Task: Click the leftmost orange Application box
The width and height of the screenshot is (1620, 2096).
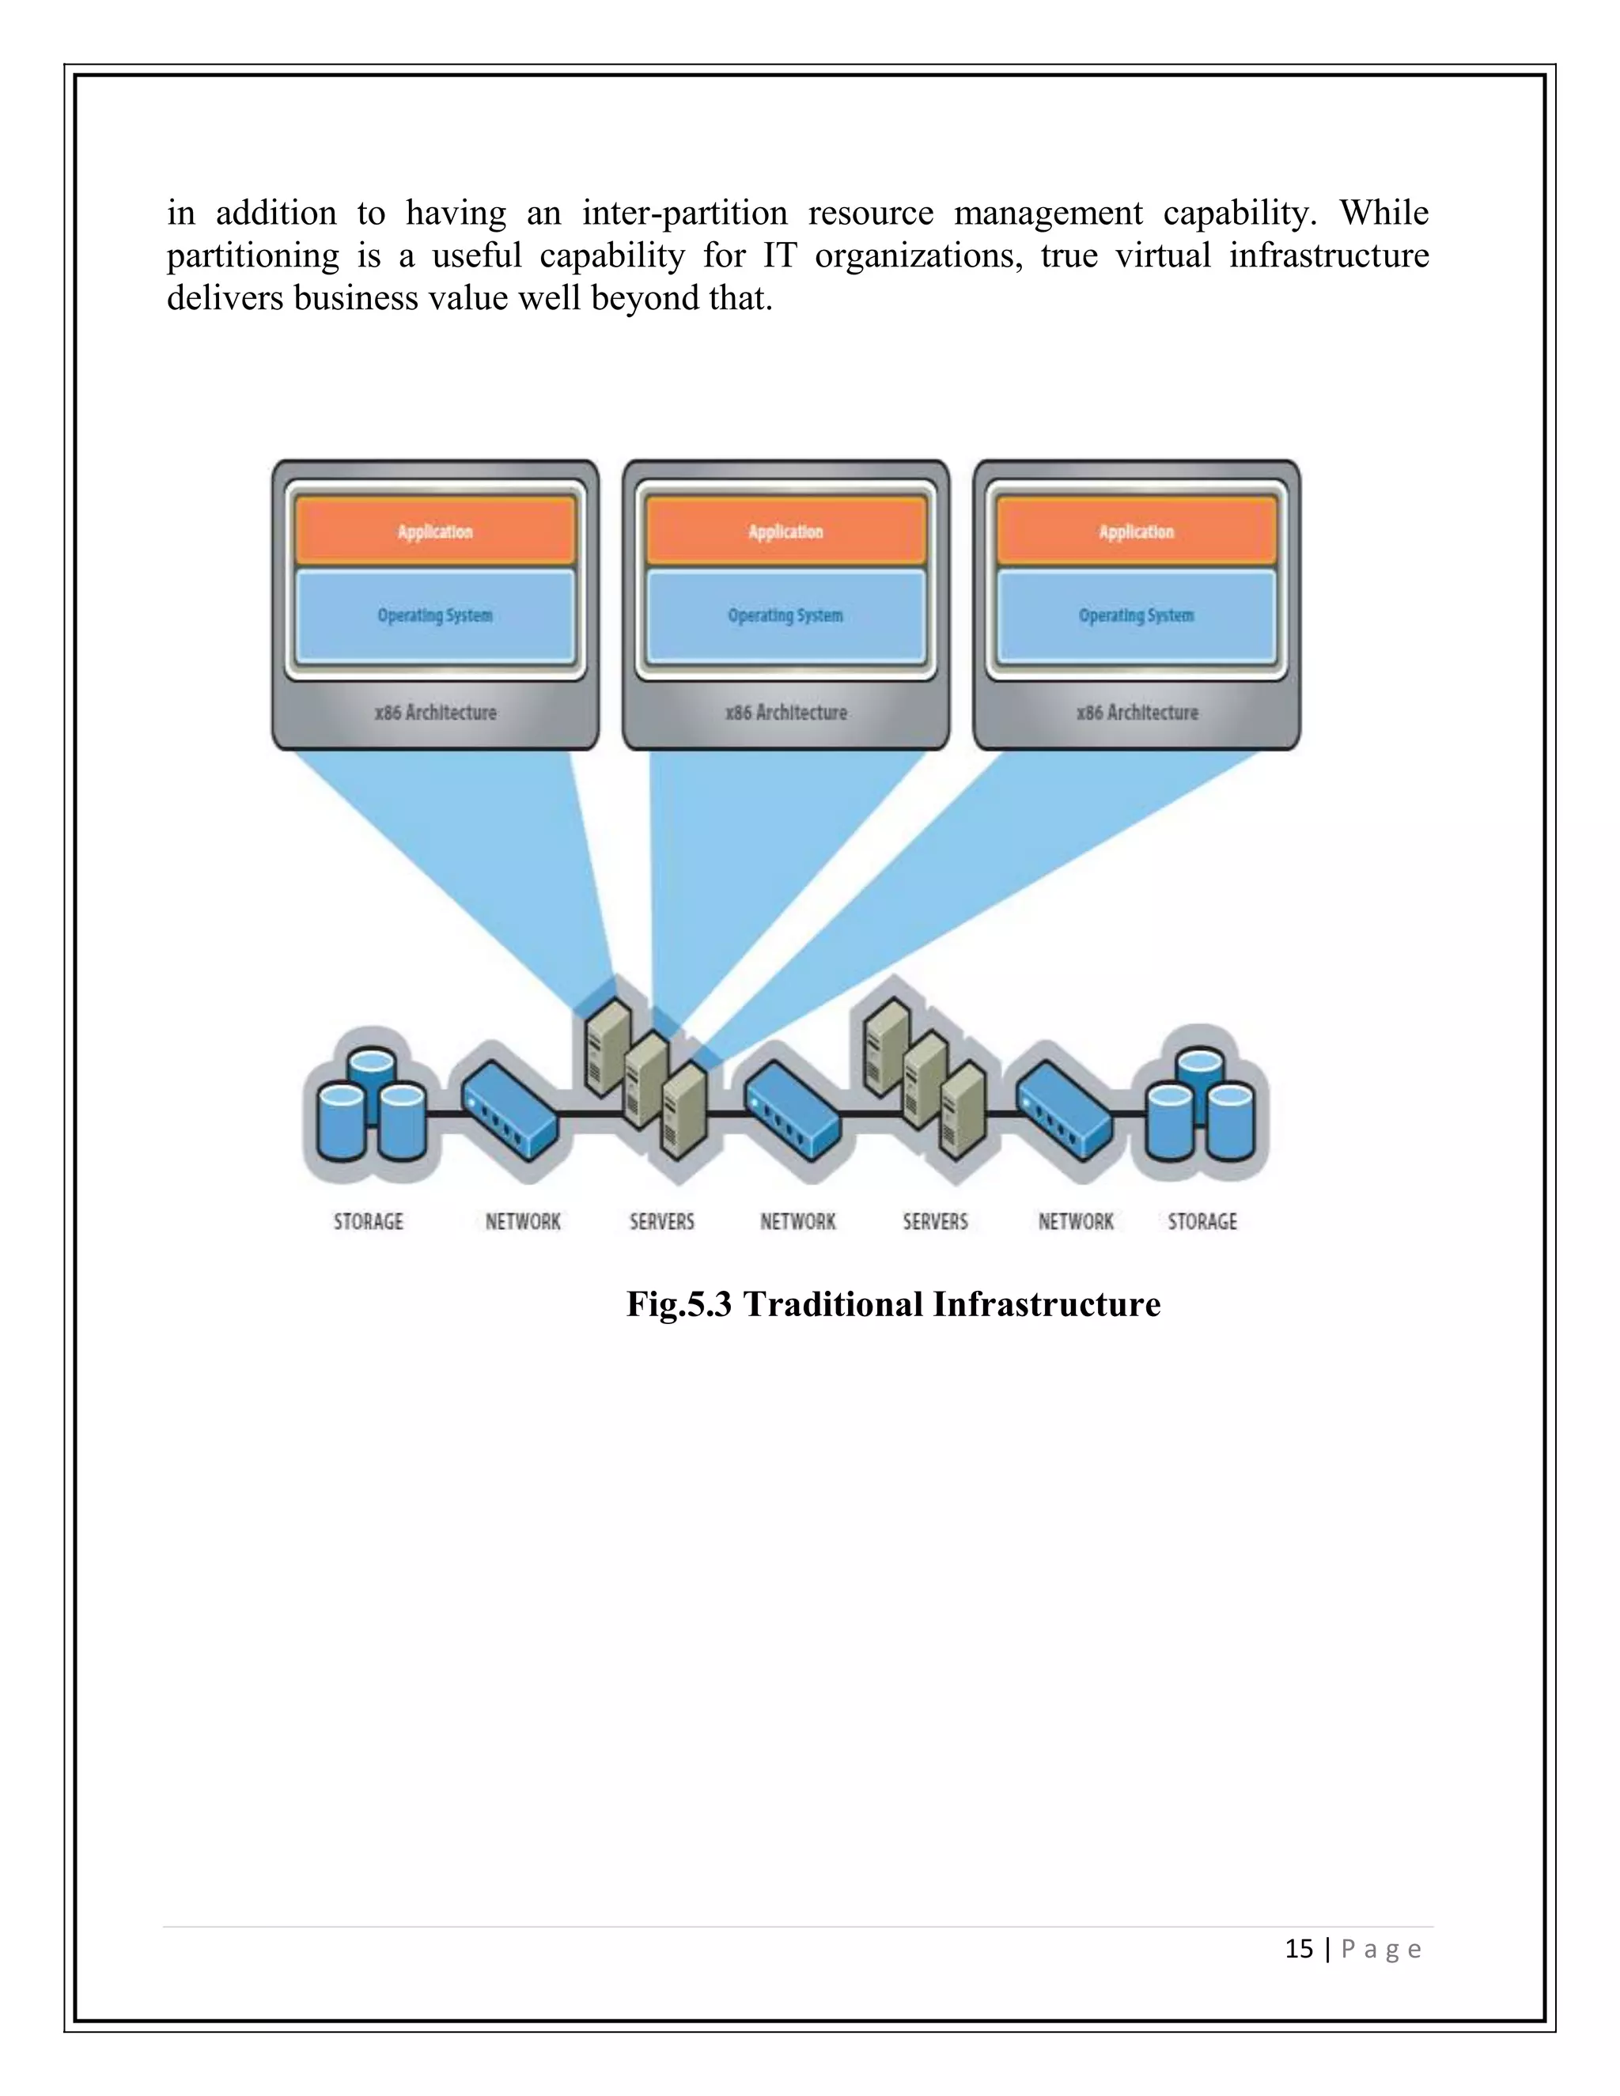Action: click(x=435, y=531)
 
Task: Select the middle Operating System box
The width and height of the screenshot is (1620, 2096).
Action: click(x=785, y=615)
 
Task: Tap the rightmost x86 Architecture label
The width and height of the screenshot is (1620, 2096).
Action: click(x=1137, y=712)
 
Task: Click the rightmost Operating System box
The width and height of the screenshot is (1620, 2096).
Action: click(x=1137, y=615)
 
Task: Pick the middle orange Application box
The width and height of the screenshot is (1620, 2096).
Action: click(x=785, y=531)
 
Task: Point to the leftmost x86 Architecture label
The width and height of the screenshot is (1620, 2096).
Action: click(x=436, y=712)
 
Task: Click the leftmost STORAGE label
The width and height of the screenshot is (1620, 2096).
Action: click(x=369, y=1222)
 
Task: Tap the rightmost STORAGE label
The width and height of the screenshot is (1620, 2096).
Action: click(x=1202, y=1222)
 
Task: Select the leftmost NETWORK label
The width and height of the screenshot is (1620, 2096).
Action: click(x=523, y=1222)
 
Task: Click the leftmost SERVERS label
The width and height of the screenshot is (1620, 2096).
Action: click(x=662, y=1222)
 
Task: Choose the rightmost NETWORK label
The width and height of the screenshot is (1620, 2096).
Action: click(x=1076, y=1222)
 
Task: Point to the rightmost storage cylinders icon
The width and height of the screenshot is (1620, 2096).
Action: click(x=1201, y=1103)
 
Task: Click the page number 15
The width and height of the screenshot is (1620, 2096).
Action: click(x=1299, y=1949)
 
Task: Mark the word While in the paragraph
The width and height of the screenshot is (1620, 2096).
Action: click(x=1384, y=213)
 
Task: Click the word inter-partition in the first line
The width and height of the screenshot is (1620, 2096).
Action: click(x=684, y=213)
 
